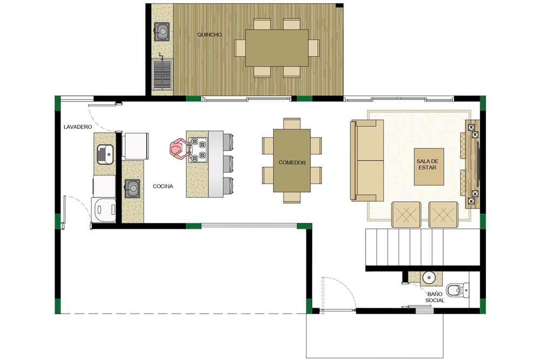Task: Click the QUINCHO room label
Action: pyautogui.click(x=210, y=35)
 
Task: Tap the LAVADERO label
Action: pyautogui.click(x=78, y=127)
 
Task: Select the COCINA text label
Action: pyautogui.click(x=163, y=186)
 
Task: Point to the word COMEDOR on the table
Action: pyautogui.click(x=292, y=162)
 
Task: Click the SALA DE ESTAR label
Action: pyautogui.click(x=427, y=165)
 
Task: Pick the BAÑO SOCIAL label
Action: pyautogui.click(x=435, y=297)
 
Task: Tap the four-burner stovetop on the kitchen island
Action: pyautogui.click(x=198, y=150)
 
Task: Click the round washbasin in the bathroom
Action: pyautogui.click(x=428, y=277)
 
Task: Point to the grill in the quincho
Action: pyautogui.click(x=162, y=74)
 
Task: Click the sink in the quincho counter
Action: pyautogui.click(x=161, y=31)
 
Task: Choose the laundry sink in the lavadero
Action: pyautogui.click(x=105, y=154)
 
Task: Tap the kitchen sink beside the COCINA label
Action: pyautogui.click(x=132, y=188)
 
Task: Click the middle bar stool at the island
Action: pyautogui.click(x=228, y=166)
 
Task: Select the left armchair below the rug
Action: pyautogui.click(x=406, y=215)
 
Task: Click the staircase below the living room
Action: pyautogui.click(x=423, y=247)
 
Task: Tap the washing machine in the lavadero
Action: pyautogui.click(x=103, y=209)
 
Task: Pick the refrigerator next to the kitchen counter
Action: pyautogui.click(x=137, y=146)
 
